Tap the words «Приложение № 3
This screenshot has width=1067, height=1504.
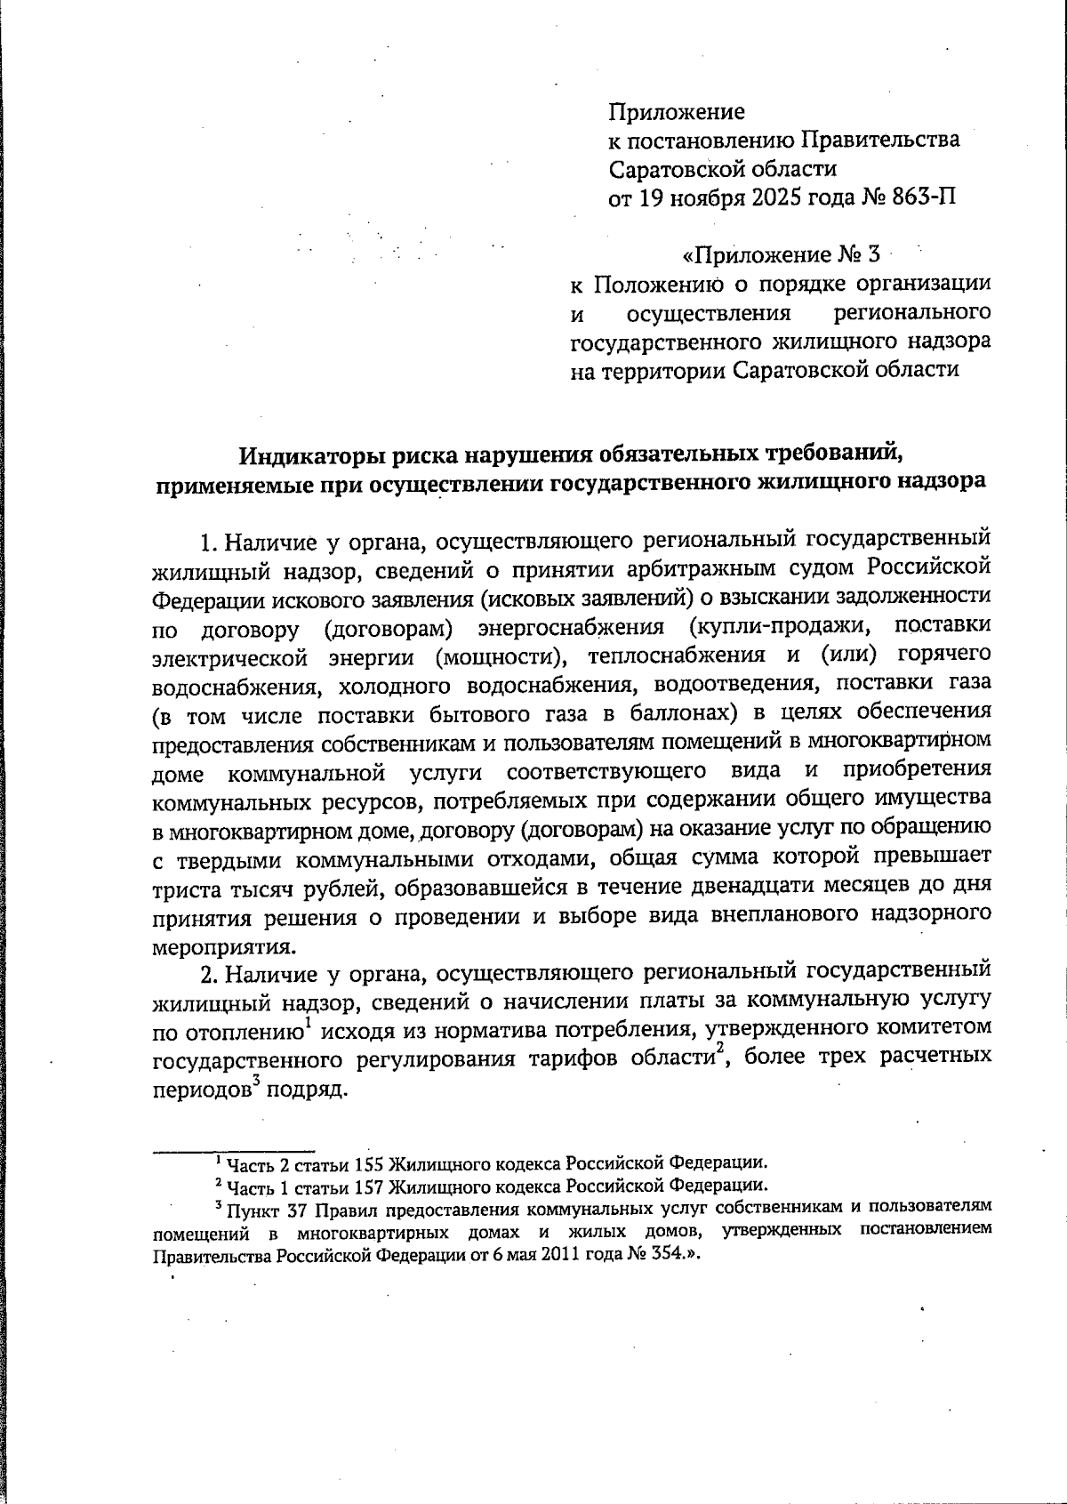tap(780, 255)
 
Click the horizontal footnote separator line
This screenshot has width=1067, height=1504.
tap(234, 1150)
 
